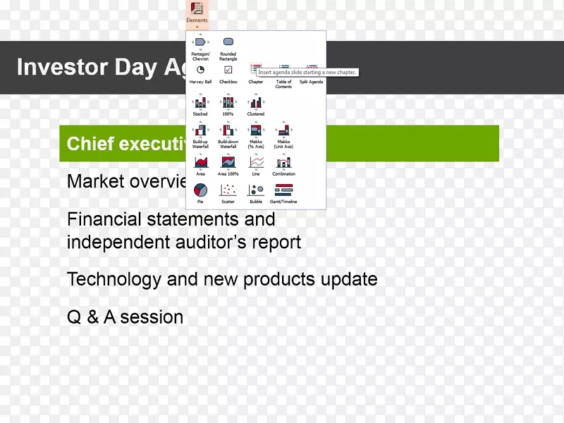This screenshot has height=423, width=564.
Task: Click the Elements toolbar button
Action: [197, 12]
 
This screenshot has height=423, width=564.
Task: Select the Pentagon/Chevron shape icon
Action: [200, 43]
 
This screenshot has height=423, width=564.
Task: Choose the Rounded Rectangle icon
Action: [228, 43]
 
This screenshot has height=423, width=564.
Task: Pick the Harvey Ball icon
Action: [200, 70]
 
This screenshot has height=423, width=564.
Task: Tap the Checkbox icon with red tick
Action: [228, 70]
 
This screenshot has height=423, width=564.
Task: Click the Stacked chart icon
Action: [200, 103]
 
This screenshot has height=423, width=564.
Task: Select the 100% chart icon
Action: [228, 103]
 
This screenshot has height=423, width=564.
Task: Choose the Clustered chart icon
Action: [255, 103]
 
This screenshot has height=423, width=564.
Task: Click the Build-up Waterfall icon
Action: [200, 130]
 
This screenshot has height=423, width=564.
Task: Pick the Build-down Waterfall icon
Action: [228, 130]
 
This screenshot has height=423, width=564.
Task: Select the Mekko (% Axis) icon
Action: [255, 130]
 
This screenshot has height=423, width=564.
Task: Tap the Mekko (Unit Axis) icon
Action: [283, 130]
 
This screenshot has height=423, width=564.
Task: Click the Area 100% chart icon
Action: [228, 163]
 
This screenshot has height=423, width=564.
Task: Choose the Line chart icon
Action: [255, 163]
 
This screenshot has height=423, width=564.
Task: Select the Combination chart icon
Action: [283, 163]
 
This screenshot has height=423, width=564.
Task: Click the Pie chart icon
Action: [200, 190]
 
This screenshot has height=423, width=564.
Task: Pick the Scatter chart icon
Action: [228, 190]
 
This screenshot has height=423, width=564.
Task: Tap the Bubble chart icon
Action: [255, 190]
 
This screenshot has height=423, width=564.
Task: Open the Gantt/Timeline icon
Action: [283, 190]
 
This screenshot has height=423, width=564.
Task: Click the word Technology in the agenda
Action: [114, 279]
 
